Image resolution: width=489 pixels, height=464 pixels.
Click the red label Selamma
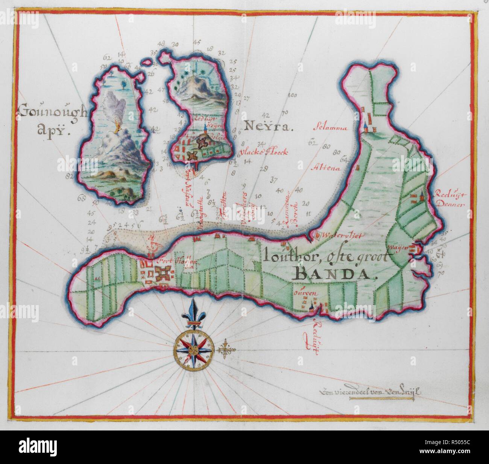point(331,127)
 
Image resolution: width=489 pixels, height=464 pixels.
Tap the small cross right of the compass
point(225,350)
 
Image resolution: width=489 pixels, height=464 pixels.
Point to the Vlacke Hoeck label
point(270,153)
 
